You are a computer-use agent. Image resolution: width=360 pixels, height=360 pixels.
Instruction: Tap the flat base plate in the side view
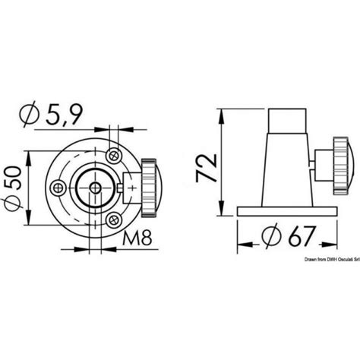click(285, 211)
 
